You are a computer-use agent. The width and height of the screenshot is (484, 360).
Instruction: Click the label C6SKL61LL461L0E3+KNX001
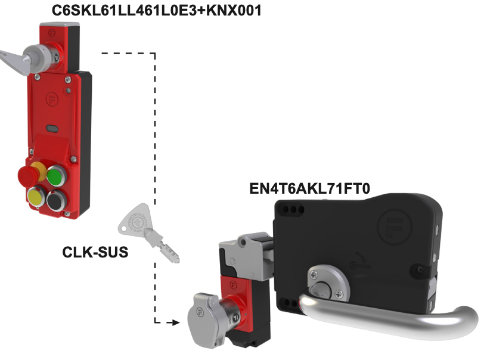[x=156, y=10]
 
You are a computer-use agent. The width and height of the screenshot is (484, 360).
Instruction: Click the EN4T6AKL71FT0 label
[x=309, y=189]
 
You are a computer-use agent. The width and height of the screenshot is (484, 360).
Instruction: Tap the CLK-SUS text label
[x=95, y=252]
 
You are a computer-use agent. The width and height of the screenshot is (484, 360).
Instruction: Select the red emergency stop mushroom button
[x=26, y=175]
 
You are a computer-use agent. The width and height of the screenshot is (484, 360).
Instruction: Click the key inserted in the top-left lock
[x=18, y=56]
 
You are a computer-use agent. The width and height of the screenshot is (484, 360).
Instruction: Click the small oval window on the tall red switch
[x=52, y=127]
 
